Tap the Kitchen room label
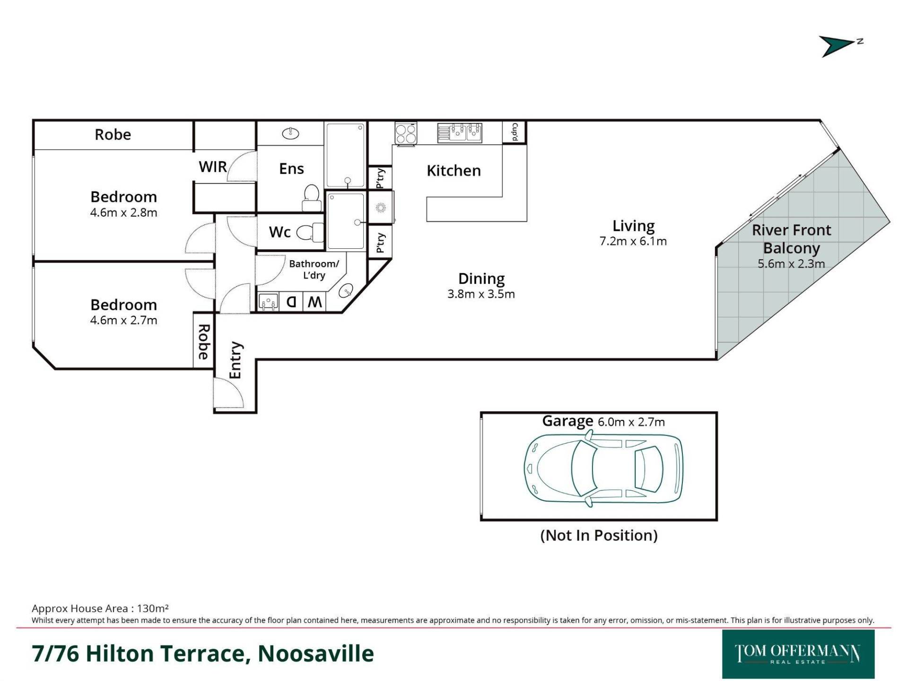[454, 171]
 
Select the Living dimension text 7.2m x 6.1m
[633, 241]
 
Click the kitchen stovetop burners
[406, 133]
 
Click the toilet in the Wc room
[310, 232]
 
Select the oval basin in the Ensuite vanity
[290, 133]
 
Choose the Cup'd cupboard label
[515, 132]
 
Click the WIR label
[213, 167]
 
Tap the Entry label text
[235, 360]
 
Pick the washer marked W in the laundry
[315, 302]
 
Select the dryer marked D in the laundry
[292, 302]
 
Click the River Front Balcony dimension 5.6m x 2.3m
[791, 264]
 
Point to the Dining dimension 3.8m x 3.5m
[481, 294]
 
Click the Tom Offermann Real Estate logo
[798, 654]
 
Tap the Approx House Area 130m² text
[100, 608]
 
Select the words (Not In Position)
[599, 535]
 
